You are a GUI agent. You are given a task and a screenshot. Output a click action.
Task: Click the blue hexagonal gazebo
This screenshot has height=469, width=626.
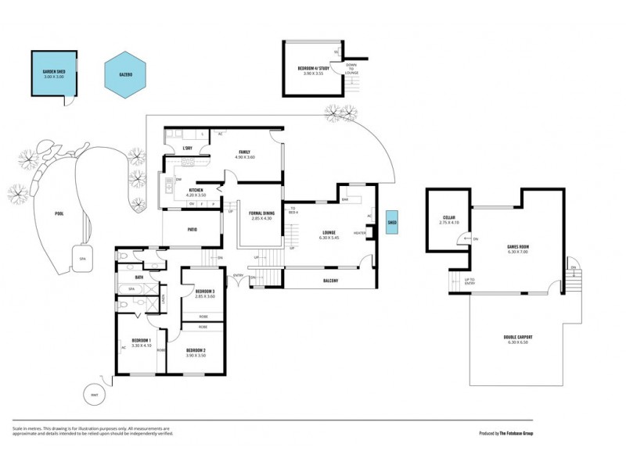point(125,75)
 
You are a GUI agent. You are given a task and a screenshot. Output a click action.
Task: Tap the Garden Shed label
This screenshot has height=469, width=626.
point(54,73)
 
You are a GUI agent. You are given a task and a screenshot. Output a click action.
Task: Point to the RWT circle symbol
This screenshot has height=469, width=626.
point(95,394)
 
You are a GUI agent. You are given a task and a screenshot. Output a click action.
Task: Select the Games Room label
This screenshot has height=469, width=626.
point(517,249)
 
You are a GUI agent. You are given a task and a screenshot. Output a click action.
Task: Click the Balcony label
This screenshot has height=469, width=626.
point(329,281)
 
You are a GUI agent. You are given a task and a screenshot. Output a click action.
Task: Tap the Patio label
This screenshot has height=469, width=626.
point(192,230)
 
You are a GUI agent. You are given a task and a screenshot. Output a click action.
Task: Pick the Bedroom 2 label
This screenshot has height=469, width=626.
point(196,352)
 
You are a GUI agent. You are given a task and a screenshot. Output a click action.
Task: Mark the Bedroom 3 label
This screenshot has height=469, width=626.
point(205,293)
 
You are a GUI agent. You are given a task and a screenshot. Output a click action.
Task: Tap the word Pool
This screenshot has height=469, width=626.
point(59,213)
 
